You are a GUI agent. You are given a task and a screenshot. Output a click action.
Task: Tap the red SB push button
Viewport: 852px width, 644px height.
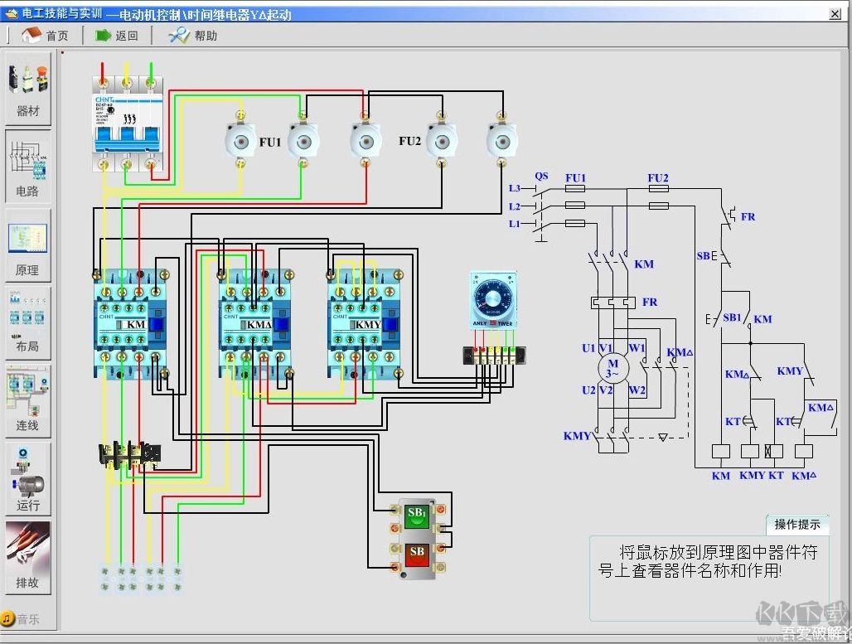pos(417,552)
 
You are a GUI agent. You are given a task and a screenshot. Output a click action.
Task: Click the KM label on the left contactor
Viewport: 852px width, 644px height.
pos(135,324)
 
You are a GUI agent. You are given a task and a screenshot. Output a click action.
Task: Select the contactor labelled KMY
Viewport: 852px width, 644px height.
pos(365,323)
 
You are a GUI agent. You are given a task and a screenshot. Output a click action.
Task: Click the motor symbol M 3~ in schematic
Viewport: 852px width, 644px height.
pos(613,368)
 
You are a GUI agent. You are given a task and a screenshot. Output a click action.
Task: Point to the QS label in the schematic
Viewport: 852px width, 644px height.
pos(541,177)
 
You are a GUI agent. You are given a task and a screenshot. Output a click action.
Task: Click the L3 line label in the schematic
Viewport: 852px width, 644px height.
pos(515,189)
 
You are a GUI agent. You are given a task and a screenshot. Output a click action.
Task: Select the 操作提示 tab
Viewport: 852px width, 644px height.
pos(797,525)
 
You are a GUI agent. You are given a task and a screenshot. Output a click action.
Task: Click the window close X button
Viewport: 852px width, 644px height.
pos(835,14)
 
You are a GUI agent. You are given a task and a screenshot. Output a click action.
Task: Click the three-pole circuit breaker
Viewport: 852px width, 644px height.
pos(126,124)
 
